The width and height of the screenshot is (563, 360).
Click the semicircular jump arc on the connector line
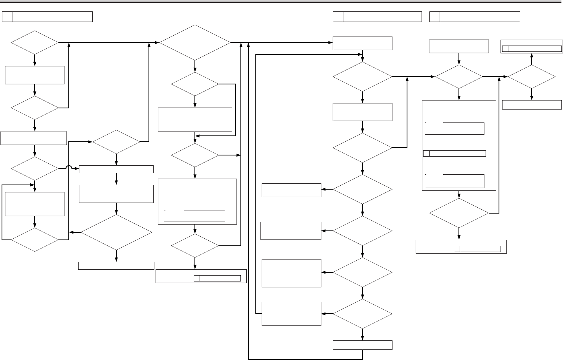pyautogui.click(x=69, y=168)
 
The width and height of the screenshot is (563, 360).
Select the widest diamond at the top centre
pyautogui.click(x=195, y=42)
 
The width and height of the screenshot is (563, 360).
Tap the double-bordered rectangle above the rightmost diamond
pyautogui.click(x=532, y=46)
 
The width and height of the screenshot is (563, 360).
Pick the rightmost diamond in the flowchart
pyautogui.click(x=532, y=77)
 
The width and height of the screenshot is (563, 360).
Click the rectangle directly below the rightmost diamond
pyautogui.click(x=532, y=105)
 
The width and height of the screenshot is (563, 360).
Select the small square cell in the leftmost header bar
pyautogui.click(x=7, y=16)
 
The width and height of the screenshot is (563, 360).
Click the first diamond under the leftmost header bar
pyautogui.click(x=35, y=42)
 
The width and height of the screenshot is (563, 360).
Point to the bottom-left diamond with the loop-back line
pyautogui.click(x=35, y=239)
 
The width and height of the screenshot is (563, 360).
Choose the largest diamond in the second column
pyautogui.click(x=116, y=232)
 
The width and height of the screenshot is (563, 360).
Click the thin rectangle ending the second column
pyautogui.click(x=116, y=266)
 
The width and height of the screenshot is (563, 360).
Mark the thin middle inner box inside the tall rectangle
pyautogui.click(x=455, y=154)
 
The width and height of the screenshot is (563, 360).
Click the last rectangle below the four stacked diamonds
pyautogui.click(x=362, y=345)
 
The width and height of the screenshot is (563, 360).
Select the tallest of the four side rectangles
pyautogui.click(x=292, y=273)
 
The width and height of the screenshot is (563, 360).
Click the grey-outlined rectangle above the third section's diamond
pyautogui.click(x=459, y=46)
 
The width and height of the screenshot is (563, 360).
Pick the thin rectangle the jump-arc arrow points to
pyautogui.click(x=116, y=169)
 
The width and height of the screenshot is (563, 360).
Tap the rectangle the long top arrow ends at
pyautogui.click(x=362, y=43)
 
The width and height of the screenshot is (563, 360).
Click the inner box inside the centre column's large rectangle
pyautogui.click(x=194, y=216)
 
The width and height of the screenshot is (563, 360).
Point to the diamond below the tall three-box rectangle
pyautogui.click(x=459, y=213)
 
